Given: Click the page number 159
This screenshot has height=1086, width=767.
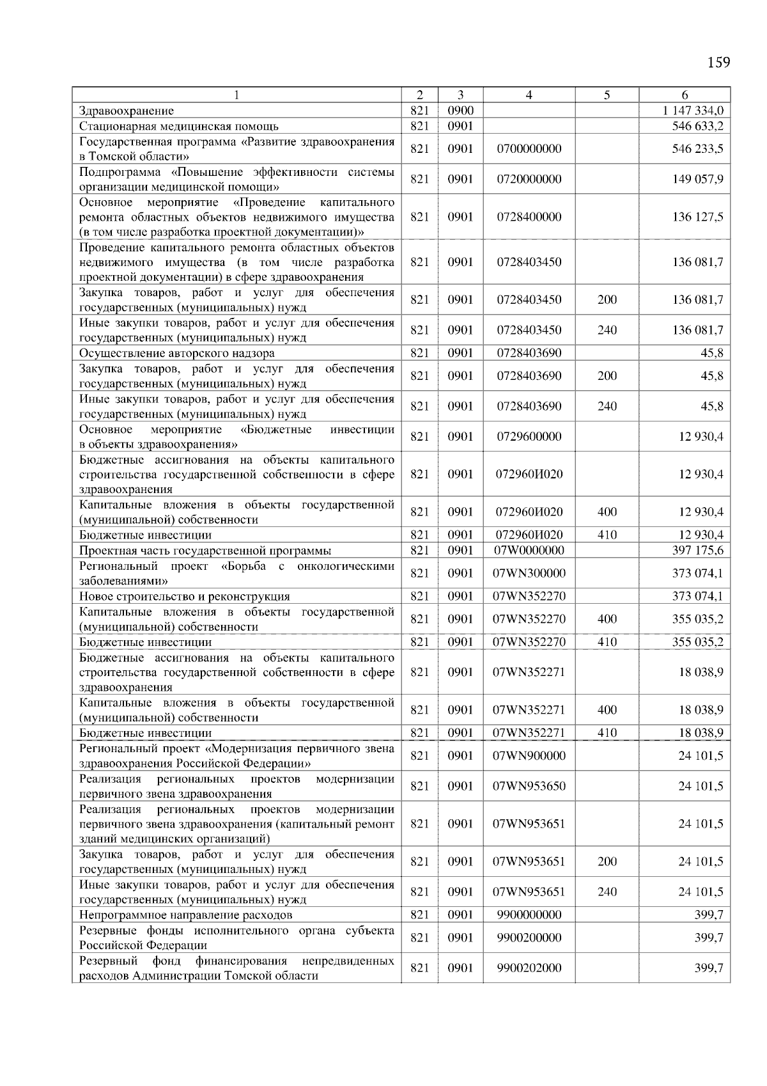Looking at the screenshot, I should (x=718, y=63).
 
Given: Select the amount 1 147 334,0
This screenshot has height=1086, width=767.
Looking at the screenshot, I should (x=693, y=111).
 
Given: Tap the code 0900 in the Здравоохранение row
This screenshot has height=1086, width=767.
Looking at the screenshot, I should (x=460, y=111).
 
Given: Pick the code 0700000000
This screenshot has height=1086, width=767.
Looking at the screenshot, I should (x=529, y=149).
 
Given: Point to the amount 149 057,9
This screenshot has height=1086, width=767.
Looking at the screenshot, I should (x=697, y=179).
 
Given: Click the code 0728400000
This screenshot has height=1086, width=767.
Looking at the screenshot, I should (x=529, y=217).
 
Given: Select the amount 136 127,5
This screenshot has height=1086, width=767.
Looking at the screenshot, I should (x=697, y=217).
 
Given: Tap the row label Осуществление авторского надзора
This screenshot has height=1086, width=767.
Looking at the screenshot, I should (x=177, y=353).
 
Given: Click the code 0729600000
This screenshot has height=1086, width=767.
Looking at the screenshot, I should (x=529, y=437).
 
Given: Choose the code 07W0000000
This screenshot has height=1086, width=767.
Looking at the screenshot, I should (x=529, y=550).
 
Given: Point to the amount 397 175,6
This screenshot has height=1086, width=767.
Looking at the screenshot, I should (x=697, y=550).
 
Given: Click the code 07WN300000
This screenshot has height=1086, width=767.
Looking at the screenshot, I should (x=529, y=573).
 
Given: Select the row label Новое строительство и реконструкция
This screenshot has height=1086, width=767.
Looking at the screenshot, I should (x=185, y=597).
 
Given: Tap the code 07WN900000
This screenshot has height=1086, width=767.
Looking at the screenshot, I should (x=529, y=756).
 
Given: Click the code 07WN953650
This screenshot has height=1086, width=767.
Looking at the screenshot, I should (x=529, y=786).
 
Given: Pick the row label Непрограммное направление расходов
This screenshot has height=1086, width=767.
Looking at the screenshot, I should (x=186, y=915).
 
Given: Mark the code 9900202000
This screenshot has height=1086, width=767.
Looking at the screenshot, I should (x=529, y=968).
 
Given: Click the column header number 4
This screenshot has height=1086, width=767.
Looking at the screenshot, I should (x=529, y=95).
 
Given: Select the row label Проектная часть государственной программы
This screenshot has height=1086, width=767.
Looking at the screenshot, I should (x=205, y=551).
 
